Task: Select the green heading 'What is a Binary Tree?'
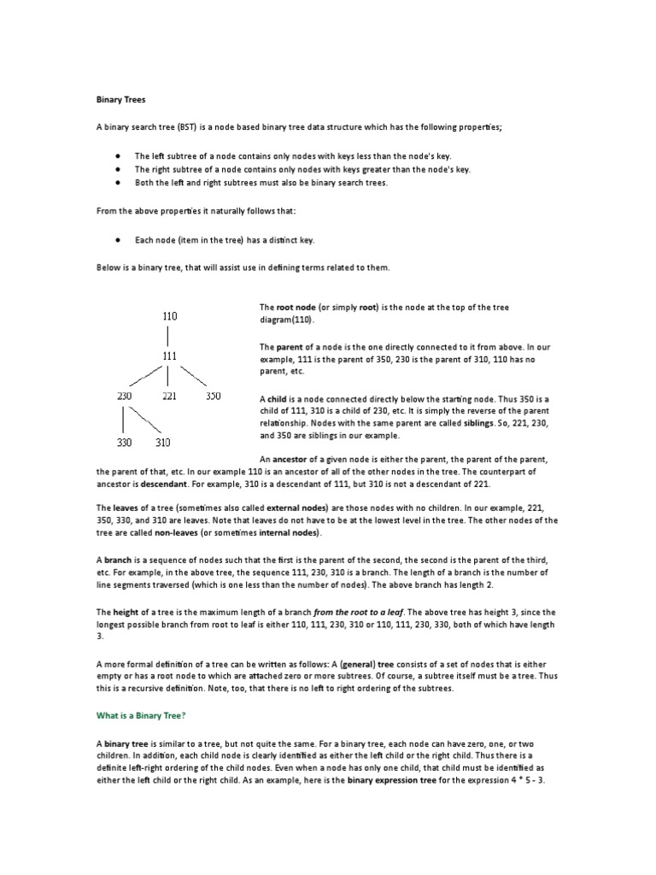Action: click(x=140, y=714)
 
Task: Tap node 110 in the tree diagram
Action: click(x=169, y=316)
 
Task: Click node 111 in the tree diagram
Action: click(x=169, y=355)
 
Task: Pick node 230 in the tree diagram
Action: click(x=125, y=396)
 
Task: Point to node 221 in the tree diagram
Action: click(x=169, y=396)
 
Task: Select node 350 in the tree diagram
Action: click(x=213, y=396)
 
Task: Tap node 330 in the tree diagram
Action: click(x=125, y=443)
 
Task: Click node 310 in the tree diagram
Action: click(x=164, y=443)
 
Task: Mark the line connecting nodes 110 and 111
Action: click(x=169, y=336)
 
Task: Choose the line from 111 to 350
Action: click(x=192, y=376)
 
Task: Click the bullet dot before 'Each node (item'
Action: click(x=115, y=241)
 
